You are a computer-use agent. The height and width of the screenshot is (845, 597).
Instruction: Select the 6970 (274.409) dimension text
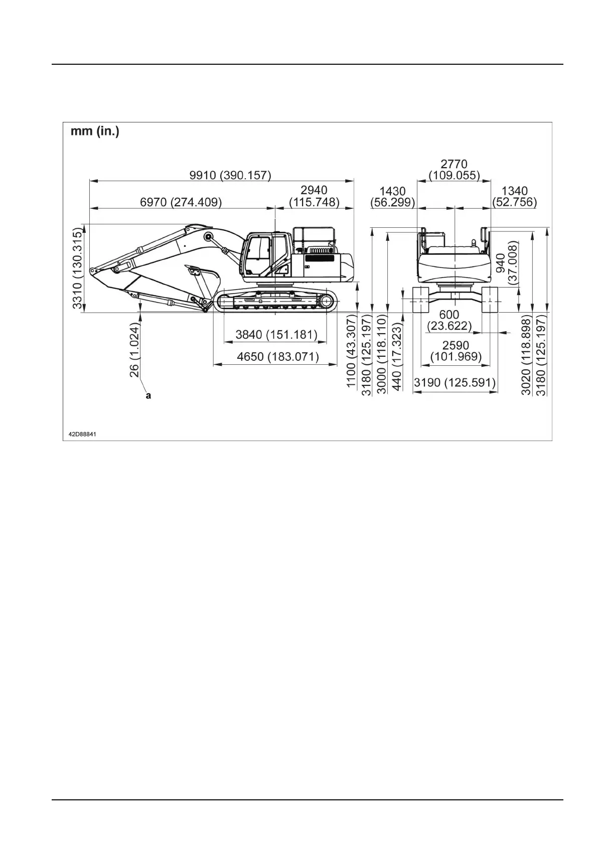[181, 202]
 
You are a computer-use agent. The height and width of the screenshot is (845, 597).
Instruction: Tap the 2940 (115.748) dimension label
[314, 196]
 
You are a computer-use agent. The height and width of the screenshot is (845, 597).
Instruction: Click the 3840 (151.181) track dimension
[276, 335]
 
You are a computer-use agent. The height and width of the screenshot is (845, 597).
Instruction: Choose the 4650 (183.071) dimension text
[278, 357]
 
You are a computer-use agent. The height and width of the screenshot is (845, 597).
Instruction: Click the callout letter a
[148, 396]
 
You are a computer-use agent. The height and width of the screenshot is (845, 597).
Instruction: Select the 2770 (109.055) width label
[454, 170]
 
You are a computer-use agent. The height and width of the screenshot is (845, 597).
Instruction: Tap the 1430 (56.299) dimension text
[392, 196]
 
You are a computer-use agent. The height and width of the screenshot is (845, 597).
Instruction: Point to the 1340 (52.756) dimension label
[514, 196]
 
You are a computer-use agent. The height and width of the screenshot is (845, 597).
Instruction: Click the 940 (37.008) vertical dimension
[506, 263]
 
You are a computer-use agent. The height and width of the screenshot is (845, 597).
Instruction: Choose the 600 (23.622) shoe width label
[449, 320]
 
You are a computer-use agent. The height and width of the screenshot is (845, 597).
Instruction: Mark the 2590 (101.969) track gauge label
[456, 351]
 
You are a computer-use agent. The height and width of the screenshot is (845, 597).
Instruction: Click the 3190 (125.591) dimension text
[455, 383]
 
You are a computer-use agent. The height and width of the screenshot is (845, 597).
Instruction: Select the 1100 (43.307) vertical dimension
[352, 352]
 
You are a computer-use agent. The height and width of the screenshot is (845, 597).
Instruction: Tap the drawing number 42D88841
[82, 433]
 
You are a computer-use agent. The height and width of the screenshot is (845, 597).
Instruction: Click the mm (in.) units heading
[95, 133]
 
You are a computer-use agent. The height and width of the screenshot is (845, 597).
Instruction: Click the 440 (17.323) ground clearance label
[397, 356]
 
